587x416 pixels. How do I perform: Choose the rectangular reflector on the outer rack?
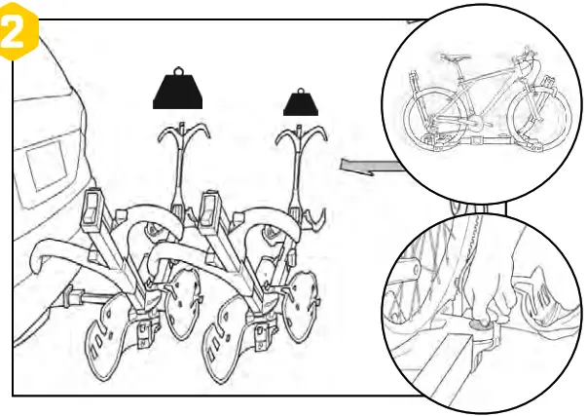207,208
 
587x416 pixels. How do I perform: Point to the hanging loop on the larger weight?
178,70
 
